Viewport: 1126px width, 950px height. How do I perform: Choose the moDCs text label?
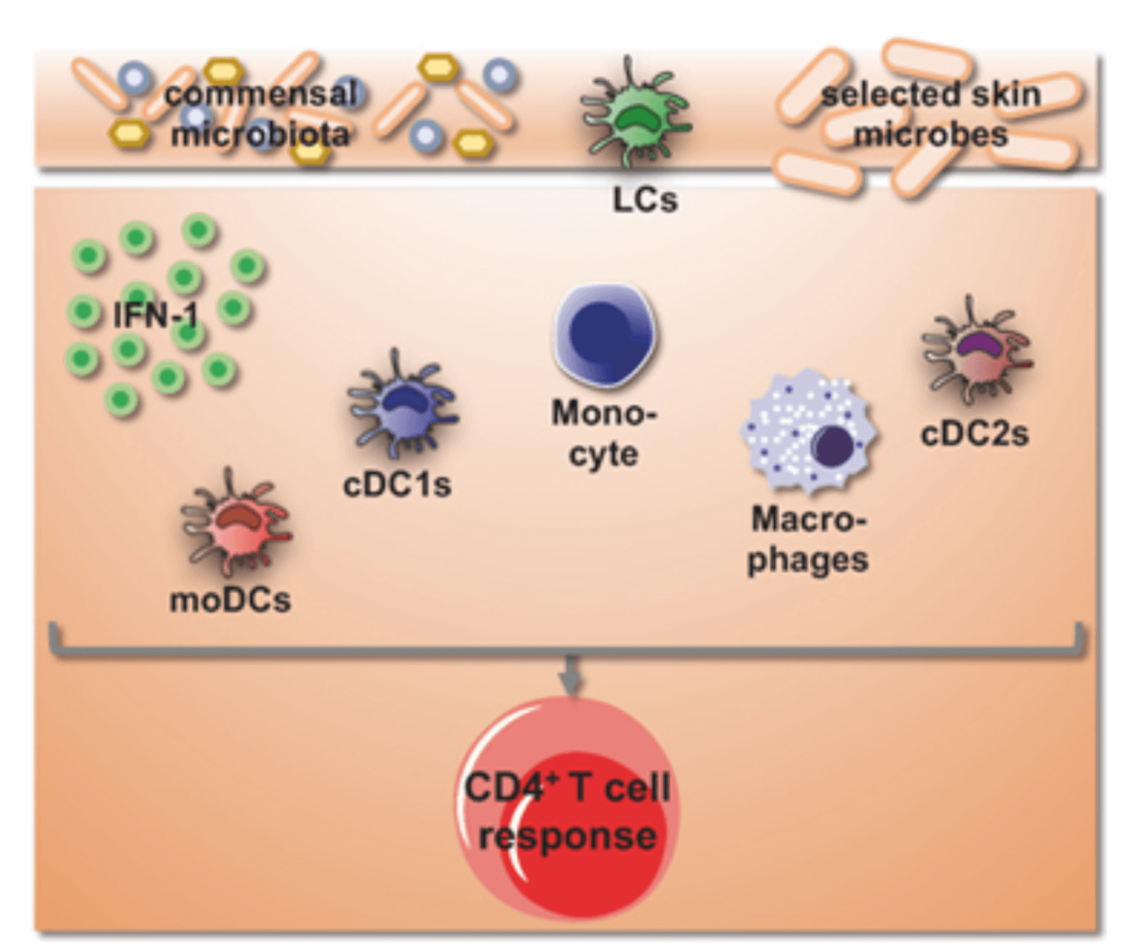pyautogui.click(x=230, y=600)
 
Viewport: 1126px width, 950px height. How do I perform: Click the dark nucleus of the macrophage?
pyautogui.click(x=832, y=446)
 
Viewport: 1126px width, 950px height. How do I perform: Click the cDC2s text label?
pyautogui.click(x=974, y=434)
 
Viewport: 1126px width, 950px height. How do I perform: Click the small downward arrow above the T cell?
pyautogui.click(x=571, y=677)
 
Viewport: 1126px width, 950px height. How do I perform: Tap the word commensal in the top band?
pyautogui.click(x=260, y=94)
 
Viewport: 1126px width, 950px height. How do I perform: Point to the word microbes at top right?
pyautogui.click(x=931, y=132)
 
